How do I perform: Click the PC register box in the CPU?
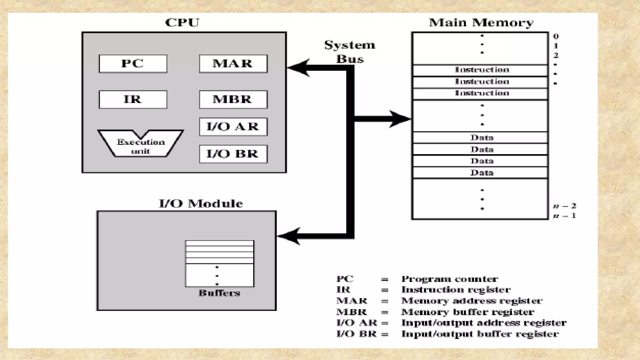(133, 64)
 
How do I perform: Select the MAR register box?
(233, 64)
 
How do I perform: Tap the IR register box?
(133, 99)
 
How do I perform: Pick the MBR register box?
(233, 99)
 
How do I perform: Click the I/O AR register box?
(233, 127)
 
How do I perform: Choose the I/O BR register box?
(233, 154)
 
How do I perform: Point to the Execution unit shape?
(141, 146)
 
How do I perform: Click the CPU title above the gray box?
(182, 22)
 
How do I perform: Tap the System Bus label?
(350, 52)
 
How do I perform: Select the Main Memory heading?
(481, 22)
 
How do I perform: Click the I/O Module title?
(201, 203)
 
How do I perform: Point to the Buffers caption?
(219, 293)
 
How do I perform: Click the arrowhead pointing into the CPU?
(298, 68)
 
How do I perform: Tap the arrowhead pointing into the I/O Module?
(289, 236)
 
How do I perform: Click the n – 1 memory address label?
(564, 216)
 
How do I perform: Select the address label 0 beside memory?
(556, 36)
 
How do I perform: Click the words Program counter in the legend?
(449, 279)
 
